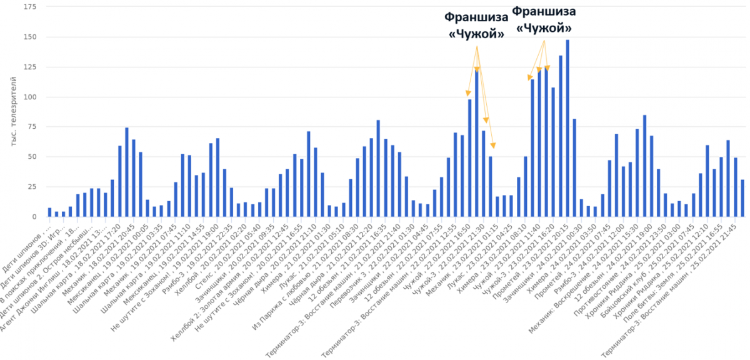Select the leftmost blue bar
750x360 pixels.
pyautogui.click(x=49, y=212)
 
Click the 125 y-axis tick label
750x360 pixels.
pyautogui.click(x=29, y=67)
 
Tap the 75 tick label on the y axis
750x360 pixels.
pyautogui.click(x=31, y=127)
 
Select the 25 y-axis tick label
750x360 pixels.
pyautogui.click(x=31, y=187)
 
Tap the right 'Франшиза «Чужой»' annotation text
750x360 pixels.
pyautogui.click(x=543, y=19)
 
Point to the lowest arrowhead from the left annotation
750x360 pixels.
pyautogui.click(x=492, y=146)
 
